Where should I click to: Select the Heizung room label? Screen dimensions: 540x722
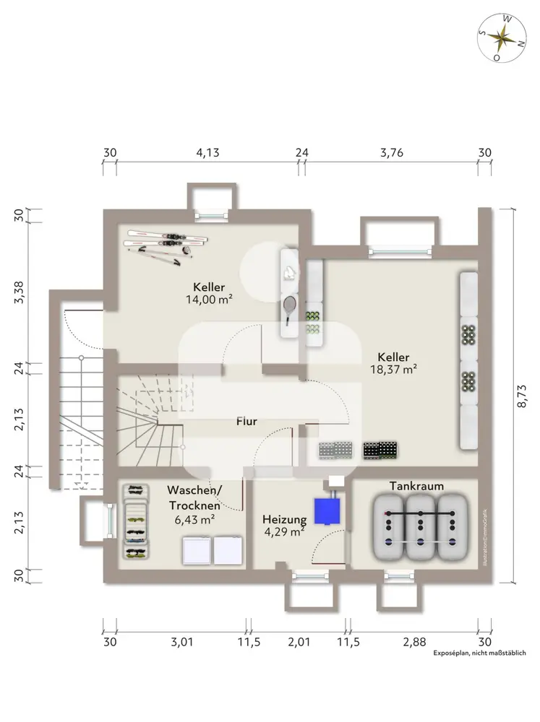pyautogui.click(x=284, y=519)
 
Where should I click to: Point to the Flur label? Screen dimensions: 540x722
pyautogui.click(x=247, y=420)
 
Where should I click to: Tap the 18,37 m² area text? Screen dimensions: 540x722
pyautogui.click(x=393, y=370)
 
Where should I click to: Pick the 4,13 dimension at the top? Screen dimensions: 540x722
pyautogui.click(x=208, y=152)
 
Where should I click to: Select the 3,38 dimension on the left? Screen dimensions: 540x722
pyautogui.click(x=20, y=292)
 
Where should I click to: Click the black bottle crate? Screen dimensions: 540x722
pyautogui.click(x=380, y=450)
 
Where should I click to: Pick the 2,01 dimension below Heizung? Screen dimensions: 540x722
pyautogui.click(x=298, y=642)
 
